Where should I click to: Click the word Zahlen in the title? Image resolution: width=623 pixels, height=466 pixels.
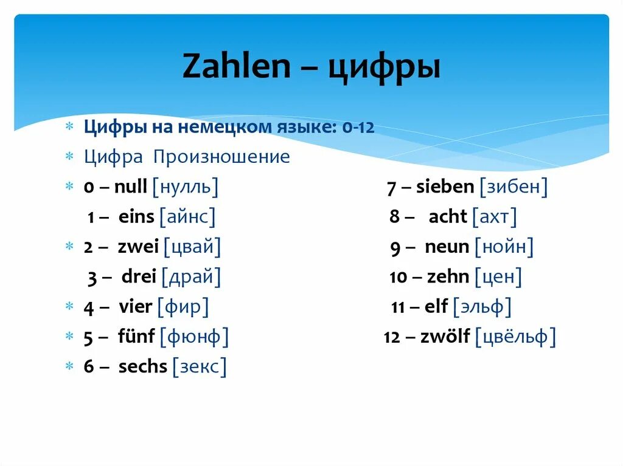[x=236, y=68]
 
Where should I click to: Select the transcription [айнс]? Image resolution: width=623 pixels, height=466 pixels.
[x=187, y=216]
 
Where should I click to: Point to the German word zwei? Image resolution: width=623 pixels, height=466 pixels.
[x=138, y=247]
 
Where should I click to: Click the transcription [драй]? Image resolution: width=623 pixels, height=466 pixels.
[x=191, y=277]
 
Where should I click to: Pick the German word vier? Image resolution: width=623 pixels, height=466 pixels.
[x=134, y=307]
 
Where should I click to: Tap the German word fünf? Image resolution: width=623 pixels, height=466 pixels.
[x=136, y=337]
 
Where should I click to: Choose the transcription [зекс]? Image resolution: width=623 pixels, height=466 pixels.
[x=199, y=366]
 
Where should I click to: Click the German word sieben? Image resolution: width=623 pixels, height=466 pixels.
[x=445, y=187]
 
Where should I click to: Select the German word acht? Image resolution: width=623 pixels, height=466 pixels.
[x=448, y=216]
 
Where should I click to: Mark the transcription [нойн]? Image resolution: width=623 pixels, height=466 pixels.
[x=504, y=247]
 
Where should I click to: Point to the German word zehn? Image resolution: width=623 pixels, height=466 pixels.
[x=448, y=277]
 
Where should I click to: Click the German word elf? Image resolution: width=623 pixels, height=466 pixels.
[x=436, y=307]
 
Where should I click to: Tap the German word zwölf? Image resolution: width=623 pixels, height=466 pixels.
[x=445, y=337]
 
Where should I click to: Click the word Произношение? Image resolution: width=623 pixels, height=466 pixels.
[x=221, y=157]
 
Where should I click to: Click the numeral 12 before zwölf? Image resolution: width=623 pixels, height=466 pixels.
[x=392, y=337]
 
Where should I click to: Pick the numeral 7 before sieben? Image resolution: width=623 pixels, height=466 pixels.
[x=392, y=187]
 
